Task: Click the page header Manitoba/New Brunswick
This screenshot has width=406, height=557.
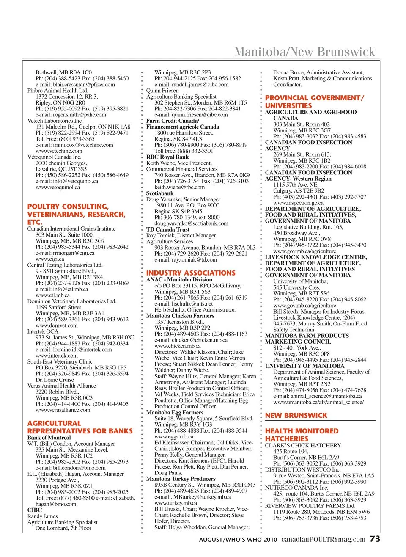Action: [x=304, y=52]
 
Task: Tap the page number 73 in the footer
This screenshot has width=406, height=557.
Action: [x=375, y=539]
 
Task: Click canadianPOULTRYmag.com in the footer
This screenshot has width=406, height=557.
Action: [x=323, y=539]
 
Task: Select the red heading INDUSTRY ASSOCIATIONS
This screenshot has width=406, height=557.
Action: [x=191, y=273]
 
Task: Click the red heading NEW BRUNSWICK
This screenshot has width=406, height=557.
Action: [x=296, y=415]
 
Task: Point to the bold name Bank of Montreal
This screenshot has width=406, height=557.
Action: [x=49, y=438]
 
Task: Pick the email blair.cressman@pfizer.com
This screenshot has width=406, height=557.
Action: [x=75, y=84]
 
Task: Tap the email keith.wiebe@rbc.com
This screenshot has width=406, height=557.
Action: [x=179, y=187]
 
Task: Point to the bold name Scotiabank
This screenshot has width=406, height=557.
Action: [x=160, y=193]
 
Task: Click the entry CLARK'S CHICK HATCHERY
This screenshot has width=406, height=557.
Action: [x=303, y=445]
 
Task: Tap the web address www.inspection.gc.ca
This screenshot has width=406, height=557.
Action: [x=298, y=203]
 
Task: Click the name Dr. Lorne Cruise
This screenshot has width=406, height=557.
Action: [x=55, y=380]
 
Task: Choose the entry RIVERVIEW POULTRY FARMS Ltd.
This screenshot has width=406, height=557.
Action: [x=310, y=506]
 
